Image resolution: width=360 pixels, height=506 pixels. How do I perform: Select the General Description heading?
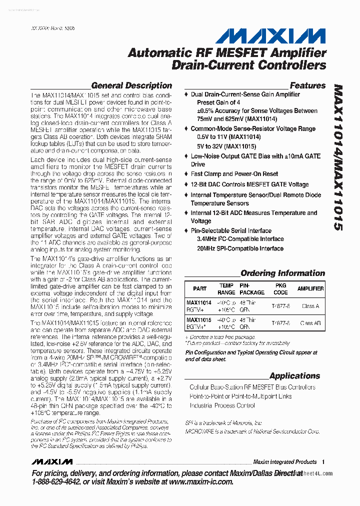tap(131, 85)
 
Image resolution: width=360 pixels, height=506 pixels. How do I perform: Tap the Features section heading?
tap(307, 85)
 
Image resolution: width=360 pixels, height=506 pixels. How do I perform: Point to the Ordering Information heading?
tap(282, 273)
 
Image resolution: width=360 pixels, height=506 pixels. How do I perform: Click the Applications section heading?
tap(294, 375)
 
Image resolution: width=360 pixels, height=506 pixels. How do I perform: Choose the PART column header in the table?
tap(199, 289)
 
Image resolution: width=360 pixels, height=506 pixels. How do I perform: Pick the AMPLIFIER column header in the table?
tap(310, 289)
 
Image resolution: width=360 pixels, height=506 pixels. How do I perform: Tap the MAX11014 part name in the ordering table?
tap(198, 303)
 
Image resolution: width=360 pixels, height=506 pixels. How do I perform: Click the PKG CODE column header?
tap(280, 289)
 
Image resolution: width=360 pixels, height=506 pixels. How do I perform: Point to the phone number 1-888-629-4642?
tap(55, 481)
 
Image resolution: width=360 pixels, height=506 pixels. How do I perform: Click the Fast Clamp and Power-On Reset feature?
tap(234, 174)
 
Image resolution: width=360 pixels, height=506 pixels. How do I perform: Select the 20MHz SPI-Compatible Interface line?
tap(240, 248)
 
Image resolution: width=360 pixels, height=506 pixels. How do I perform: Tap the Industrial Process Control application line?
tap(222, 405)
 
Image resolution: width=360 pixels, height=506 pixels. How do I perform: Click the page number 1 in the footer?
tap(324, 462)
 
